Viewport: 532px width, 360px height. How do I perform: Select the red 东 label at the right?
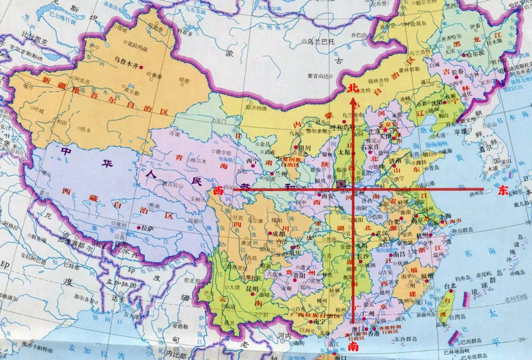tap(503, 192)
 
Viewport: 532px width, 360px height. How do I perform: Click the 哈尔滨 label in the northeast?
tap(475, 53)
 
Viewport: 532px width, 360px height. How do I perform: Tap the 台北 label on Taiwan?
tap(437, 286)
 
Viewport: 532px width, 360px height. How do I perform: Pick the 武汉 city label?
tap(382, 234)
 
